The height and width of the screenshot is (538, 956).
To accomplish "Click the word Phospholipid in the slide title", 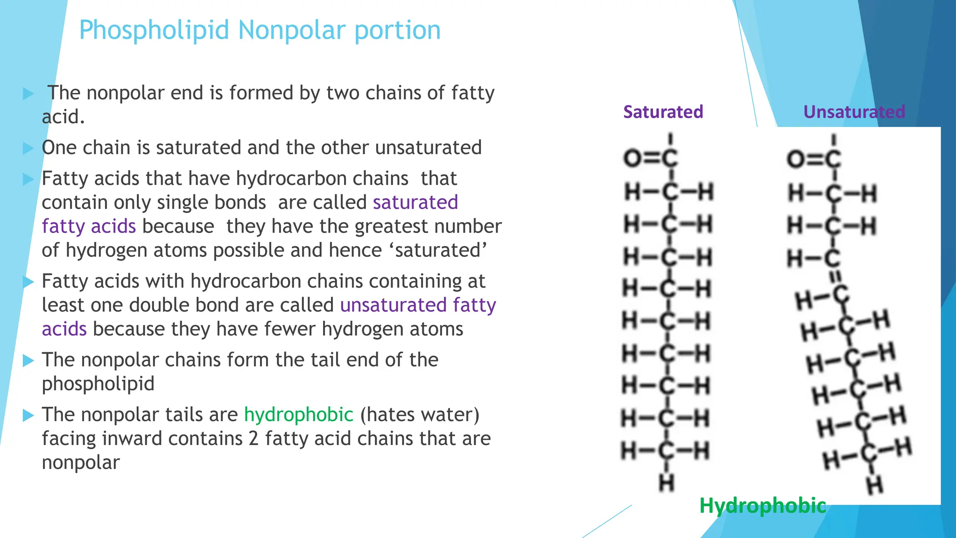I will (x=154, y=31).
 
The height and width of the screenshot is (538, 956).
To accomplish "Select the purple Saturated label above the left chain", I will (x=663, y=112).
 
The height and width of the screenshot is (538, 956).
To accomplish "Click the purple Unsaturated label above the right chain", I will (x=854, y=112).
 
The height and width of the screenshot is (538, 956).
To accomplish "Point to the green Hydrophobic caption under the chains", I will (x=762, y=506).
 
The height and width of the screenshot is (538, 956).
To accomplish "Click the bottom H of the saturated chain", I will (x=667, y=483).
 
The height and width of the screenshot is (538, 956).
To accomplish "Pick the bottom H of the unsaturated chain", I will (x=875, y=485).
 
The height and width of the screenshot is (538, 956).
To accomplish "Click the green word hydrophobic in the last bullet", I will (x=298, y=415).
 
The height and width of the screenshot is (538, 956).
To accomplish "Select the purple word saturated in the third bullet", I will (x=415, y=203).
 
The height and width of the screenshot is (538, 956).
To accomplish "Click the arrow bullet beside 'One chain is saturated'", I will (x=28, y=149).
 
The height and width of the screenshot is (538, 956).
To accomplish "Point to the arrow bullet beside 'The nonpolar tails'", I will (x=28, y=415).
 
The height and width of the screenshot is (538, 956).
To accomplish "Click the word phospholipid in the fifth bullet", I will (x=98, y=384).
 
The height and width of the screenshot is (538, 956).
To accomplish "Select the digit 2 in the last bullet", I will (x=253, y=439).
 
